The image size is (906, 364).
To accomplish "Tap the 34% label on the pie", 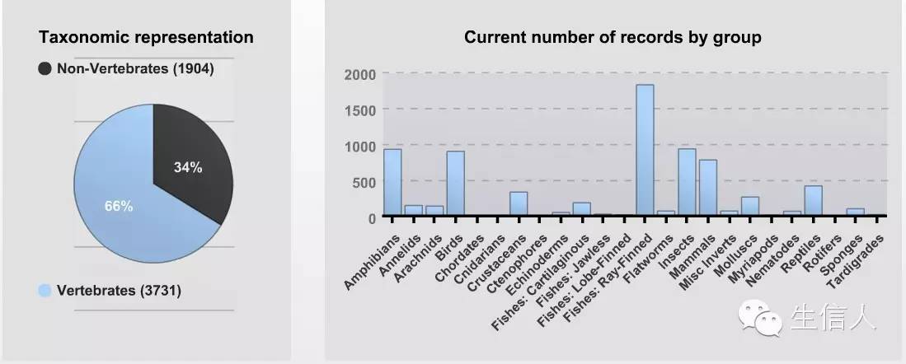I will [x=188, y=167].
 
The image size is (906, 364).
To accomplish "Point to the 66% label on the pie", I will [x=119, y=206].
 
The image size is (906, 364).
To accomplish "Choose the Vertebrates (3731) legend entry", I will [x=110, y=291].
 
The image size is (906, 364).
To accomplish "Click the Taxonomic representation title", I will [x=147, y=37].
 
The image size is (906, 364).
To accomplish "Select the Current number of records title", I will [x=612, y=37].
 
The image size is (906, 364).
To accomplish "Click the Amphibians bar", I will [x=392, y=182].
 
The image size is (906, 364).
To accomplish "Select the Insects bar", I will [x=687, y=182].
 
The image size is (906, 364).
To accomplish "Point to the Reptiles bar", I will [x=813, y=201].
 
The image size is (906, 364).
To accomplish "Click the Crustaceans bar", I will [x=519, y=203].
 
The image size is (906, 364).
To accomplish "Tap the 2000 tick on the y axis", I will [x=359, y=74].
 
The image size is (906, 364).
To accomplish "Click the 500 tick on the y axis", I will [x=364, y=181].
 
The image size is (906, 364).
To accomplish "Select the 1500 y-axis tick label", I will [x=359, y=110].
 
